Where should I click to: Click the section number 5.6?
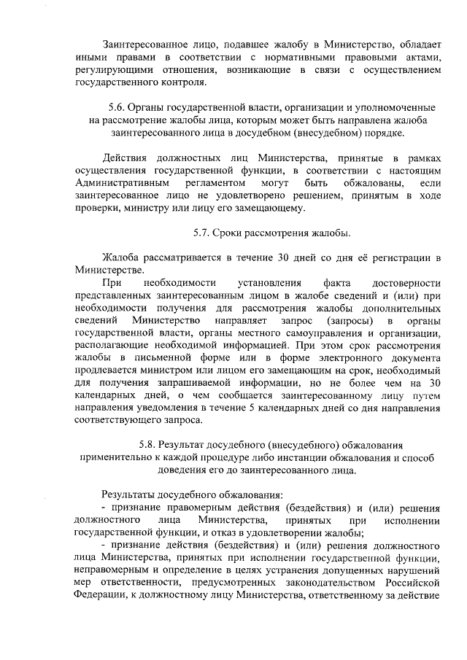point(118,106)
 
